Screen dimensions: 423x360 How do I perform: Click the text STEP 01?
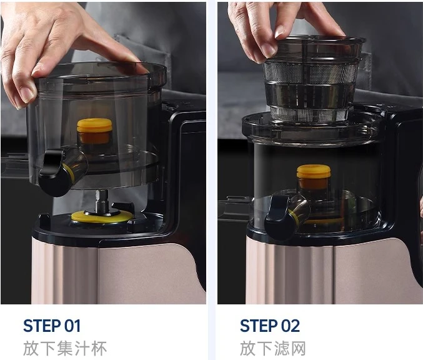pos(52,326)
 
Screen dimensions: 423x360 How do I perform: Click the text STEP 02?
pos(270,326)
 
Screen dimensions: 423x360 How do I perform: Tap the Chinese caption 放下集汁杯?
pos(65,348)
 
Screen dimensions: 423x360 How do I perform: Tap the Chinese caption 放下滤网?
pos(273,348)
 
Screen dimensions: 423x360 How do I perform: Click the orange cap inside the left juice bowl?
pos(94,131)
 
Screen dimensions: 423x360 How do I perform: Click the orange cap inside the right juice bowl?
pos(314,177)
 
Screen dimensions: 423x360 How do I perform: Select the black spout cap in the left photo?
pos(54,172)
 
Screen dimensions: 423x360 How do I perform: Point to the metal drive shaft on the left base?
pos(102,202)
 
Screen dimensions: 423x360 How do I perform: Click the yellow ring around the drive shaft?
pos(101,217)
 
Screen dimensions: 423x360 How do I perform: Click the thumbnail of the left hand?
pos(26,94)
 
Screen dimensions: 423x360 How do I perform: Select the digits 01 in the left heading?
pos(72,326)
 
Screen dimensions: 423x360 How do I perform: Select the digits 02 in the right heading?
pos(291,326)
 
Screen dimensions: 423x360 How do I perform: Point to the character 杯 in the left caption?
pos(99,348)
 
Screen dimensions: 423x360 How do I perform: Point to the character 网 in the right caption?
pos(298,348)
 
